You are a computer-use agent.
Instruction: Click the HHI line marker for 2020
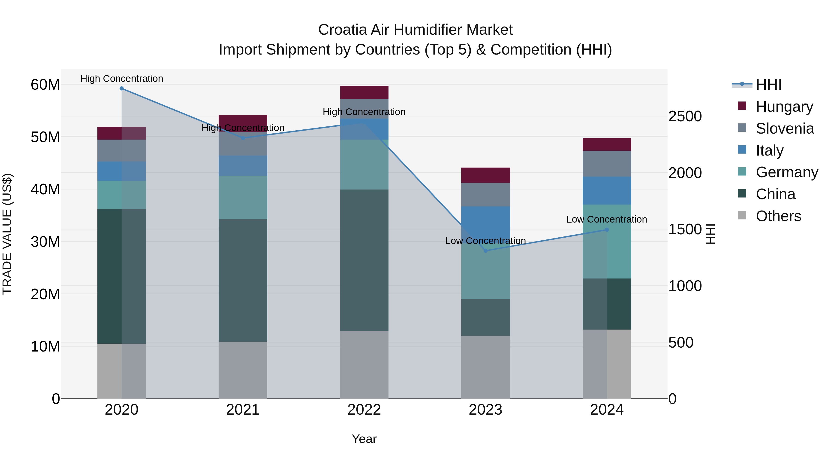pyautogui.click(x=122, y=89)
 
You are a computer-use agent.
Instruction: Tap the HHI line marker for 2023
pyautogui.click(x=485, y=251)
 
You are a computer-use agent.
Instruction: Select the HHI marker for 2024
pyautogui.click(x=607, y=230)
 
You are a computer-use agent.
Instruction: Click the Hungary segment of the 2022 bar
pyautogui.click(x=364, y=92)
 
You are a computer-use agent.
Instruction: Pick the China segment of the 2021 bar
pyautogui.click(x=243, y=280)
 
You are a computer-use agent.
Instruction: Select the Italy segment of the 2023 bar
pyautogui.click(x=485, y=223)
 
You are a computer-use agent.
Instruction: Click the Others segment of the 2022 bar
pyautogui.click(x=364, y=365)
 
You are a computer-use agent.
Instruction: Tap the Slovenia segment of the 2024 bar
pyautogui.click(x=607, y=164)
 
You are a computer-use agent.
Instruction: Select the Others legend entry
pyautogui.click(x=778, y=216)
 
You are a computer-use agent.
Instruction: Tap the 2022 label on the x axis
pyautogui.click(x=364, y=410)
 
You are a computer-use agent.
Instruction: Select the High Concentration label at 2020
pyautogui.click(x=122, y=79)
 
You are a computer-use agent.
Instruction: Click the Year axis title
pyautogui.click(x=364, y=439)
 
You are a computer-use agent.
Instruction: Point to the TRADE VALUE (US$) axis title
pyautogui.click(x=7, y=234)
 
